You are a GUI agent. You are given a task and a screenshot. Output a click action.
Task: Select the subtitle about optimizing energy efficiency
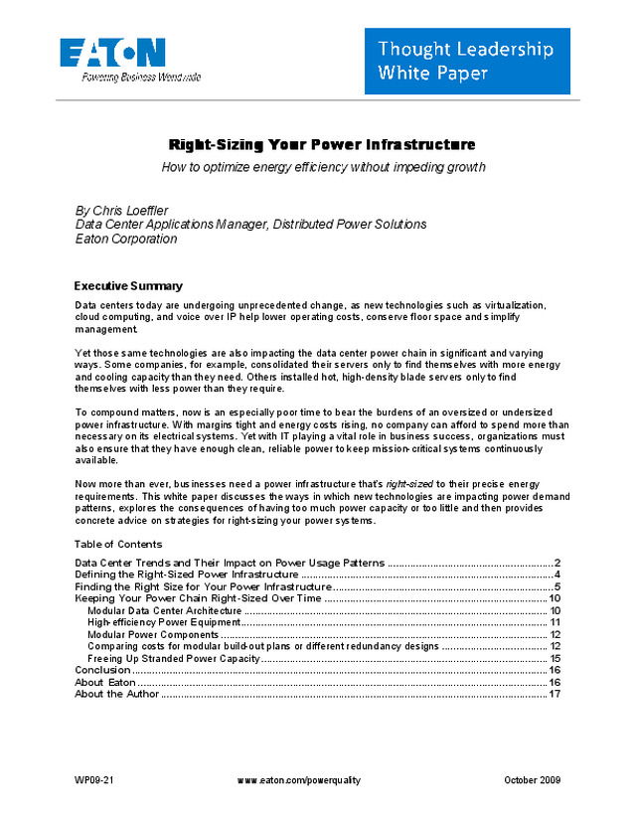click(x=324, y=167)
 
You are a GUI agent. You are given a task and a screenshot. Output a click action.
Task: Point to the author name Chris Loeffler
click(x=138, y=211)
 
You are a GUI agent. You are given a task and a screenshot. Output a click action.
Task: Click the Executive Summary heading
click(x=128, y=285)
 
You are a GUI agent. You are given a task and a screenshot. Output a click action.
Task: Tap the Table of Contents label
click(x=118, y=545)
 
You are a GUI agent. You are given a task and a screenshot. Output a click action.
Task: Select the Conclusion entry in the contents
click(x=103, y=670)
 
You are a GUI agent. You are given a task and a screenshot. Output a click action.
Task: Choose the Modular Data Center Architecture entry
click(x=165, y=610)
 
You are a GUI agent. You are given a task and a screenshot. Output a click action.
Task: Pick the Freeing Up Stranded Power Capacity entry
click(x=174, y=658)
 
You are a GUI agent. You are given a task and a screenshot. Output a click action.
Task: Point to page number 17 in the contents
click(x=556, y=694)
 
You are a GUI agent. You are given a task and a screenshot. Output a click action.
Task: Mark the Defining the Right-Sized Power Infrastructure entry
click(x=187, y=575)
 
